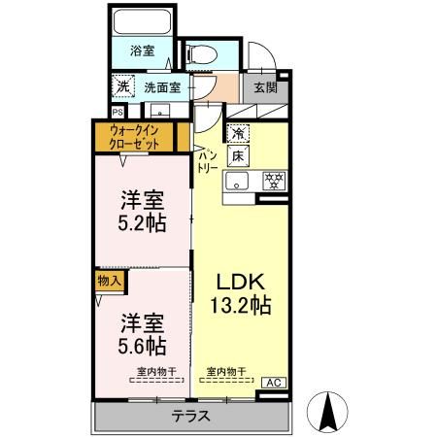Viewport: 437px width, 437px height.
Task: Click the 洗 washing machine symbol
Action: (123, 85)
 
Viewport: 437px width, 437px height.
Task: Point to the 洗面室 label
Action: (161, 86)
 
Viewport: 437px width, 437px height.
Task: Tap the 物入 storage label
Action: (109, 282)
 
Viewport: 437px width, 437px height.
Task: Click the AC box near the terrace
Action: (275, 383)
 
